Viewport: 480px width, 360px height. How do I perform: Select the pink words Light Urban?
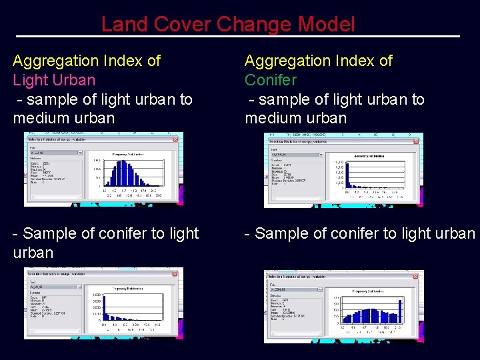pos(54,80)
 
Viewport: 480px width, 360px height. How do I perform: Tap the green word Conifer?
pos(271,80)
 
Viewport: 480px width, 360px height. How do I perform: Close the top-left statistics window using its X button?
pos(175,139)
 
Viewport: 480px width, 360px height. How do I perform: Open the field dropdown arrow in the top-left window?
pos(79,153)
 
